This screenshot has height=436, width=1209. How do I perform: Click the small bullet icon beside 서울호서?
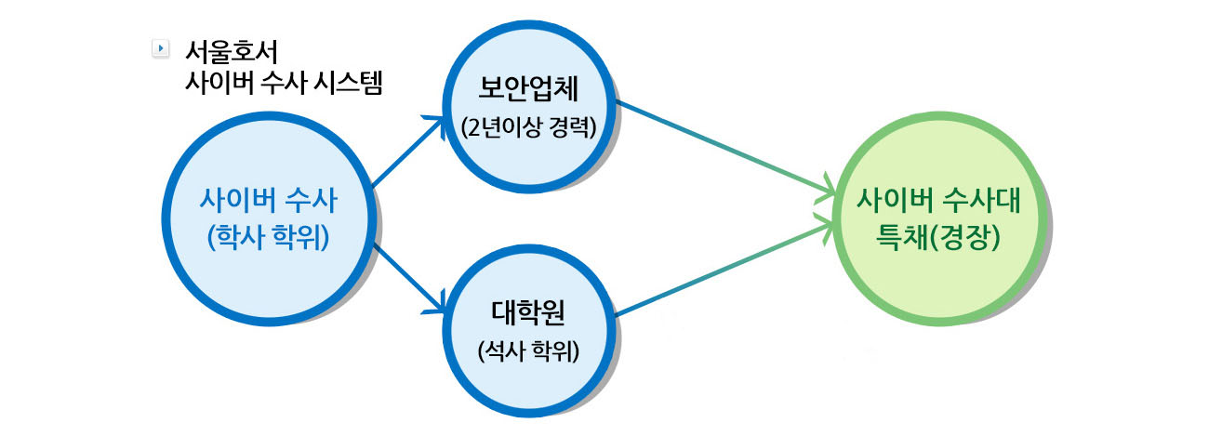160,49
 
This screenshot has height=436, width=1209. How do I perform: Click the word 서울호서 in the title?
231,52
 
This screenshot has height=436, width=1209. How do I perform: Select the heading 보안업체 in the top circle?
528,89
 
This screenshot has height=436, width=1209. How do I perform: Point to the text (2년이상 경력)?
529,128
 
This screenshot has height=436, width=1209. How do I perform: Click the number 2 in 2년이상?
474,128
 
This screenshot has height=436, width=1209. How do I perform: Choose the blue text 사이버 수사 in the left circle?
268,200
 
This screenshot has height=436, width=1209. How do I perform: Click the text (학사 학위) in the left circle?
268,237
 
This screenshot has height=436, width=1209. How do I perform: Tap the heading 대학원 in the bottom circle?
528,312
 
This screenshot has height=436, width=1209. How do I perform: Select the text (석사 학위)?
528,350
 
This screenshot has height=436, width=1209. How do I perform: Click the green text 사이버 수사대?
938,200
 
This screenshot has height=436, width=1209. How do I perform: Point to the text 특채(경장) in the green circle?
938,237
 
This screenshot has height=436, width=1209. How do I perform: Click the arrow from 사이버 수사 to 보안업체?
408,152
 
